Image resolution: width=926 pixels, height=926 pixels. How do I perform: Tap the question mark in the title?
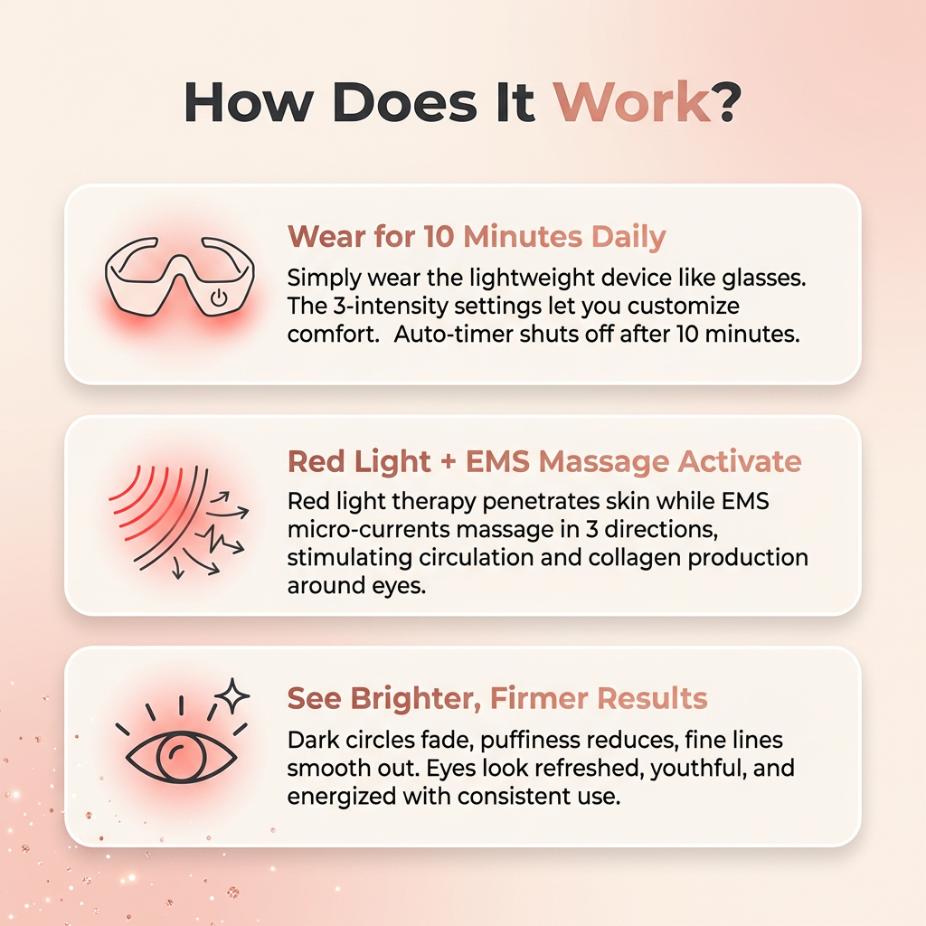[727, 103]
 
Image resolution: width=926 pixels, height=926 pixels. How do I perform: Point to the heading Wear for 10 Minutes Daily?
[476, 237]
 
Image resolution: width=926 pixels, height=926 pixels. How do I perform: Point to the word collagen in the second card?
[629, 557]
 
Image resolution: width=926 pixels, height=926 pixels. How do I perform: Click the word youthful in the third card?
[658, 769]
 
